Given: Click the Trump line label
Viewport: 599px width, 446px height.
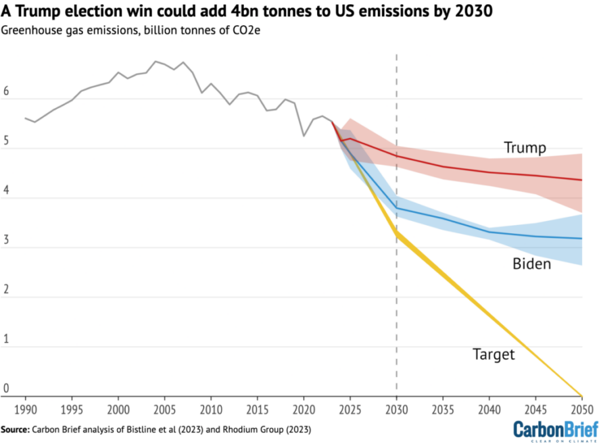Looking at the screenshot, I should tap(525, 147).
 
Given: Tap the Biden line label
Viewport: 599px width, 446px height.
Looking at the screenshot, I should tap(531, 264).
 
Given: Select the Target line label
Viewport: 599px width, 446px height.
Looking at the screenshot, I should tap(494, 354).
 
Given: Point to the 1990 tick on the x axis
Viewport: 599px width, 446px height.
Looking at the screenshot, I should tap(26, 410).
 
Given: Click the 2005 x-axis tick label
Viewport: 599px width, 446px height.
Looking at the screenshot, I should tap(165, 410).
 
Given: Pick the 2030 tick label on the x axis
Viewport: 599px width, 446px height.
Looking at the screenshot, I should tap(396, 410).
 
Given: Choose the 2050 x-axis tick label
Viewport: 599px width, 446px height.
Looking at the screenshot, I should tap(581, 410).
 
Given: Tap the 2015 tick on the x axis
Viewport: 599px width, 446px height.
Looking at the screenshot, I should tap(258, 410).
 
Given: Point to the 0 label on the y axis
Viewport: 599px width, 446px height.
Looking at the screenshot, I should tap(7, 389).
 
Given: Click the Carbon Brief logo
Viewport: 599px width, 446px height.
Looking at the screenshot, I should tap(556, 430).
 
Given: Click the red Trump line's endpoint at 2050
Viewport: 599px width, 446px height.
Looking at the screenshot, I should tap(581, 180).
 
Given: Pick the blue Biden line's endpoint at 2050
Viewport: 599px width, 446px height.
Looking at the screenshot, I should tap(581, 239).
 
